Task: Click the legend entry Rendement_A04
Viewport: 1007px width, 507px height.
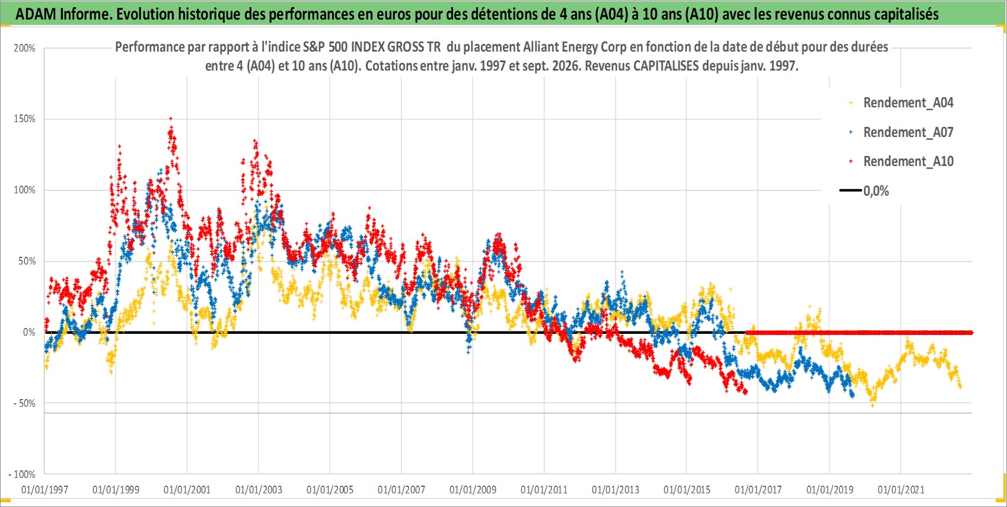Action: point(908,103)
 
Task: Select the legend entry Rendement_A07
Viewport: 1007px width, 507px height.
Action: point(908,133)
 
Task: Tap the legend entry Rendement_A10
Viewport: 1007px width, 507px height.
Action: point(908,161)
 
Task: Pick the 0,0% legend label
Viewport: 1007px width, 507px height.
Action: point(876,191)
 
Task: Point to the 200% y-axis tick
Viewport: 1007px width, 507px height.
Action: point(24,48)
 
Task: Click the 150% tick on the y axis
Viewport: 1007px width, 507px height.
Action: point(24,119)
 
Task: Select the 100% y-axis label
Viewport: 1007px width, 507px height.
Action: point(24,190)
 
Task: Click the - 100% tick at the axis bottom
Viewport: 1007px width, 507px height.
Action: point(21,474)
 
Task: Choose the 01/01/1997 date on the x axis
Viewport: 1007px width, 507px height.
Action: point(44,489)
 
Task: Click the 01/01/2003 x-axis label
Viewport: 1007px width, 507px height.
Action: point(259,489)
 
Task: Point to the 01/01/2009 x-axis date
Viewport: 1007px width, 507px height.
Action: point(473,489)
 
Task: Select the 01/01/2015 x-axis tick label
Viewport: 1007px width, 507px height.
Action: point(687,489)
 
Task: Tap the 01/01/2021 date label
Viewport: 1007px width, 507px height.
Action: point(901,489)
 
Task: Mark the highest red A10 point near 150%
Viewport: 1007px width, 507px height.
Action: point(171,119)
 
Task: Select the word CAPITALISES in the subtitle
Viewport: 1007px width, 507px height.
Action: point(666,66)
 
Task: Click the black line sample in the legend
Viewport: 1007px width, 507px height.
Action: point(850,190)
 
